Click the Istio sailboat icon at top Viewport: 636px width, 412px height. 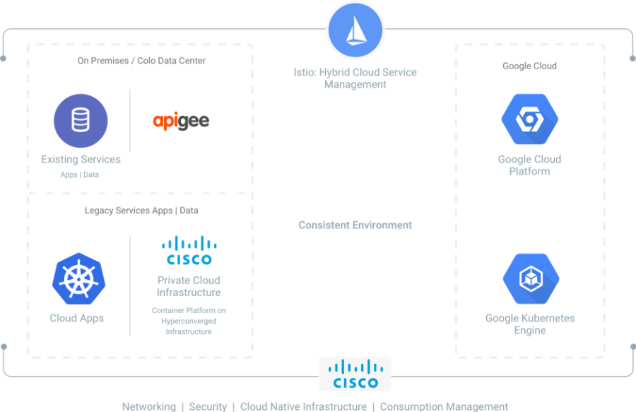[355, 30]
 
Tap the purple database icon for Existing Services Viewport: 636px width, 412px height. [81, 121]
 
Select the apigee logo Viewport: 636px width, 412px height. [181, 121]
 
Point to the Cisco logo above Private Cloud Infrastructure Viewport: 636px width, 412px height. [188, 250]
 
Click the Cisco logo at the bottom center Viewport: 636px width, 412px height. [354, 375]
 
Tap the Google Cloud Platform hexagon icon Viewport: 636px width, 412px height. [529, 119]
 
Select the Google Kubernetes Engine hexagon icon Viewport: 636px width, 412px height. [530, 279]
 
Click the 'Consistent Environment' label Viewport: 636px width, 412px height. [355, 225]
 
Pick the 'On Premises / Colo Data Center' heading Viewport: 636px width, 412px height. [141, 61]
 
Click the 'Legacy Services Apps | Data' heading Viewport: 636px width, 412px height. [141, 211]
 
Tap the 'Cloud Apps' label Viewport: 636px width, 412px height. [77, 318]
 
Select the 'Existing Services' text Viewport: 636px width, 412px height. [81, 160]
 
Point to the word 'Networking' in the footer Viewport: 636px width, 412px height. [148, 406]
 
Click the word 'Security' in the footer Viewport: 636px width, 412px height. [208, 406]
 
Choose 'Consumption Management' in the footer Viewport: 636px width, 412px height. [444, 406]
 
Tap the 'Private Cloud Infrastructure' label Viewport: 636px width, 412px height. [188, 286]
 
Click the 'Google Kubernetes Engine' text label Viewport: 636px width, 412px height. [530, 324]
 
